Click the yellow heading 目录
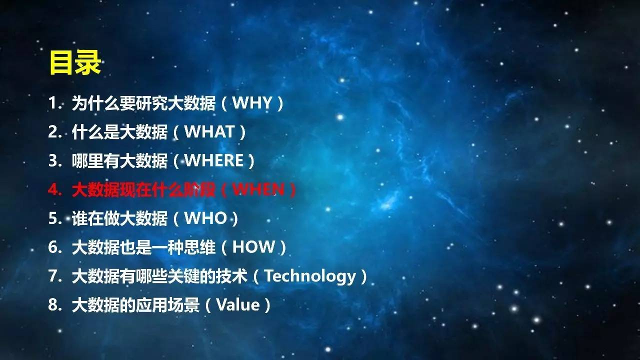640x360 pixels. click(75, 62)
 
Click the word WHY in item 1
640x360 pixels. click(252, 102)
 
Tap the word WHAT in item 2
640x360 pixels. click(209, 131)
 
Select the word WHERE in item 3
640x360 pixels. click(214, 160)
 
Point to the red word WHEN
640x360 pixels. click(258, 189)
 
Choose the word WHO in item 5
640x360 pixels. click(205, 218)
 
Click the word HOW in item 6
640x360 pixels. click(253, 247)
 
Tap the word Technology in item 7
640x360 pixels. click(310, 276)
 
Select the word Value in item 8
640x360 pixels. click(238, 304)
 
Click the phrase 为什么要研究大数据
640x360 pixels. click(143, 103)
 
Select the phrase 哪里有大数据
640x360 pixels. click(119, 160)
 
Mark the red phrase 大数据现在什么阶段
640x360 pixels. click(143, 189)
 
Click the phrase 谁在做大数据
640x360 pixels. click(119, 218)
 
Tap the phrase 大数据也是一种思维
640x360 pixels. click(143, 247)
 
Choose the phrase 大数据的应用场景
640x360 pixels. click(135, 305)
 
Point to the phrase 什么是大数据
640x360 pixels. click(119, 131)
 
